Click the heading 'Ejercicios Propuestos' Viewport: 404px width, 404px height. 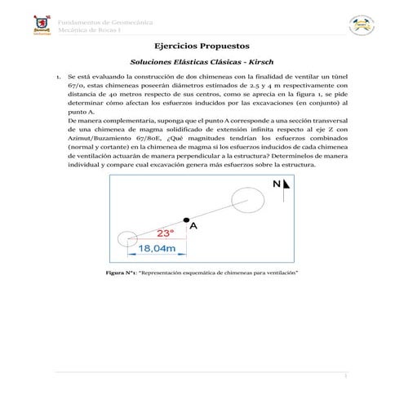pyautogui.click(x=202, y=48)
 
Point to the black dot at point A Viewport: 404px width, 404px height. pyautogui.click(x=187, y=220)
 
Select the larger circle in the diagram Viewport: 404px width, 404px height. pyautogui.click(x=247, y=197)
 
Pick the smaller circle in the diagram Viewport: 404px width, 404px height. pyautogui.click(x=127, y=239)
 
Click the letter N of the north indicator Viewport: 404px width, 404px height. pyautogui.click(x=278, y=186)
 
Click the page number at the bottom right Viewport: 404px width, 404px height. pyautogui.click(x=344, y=377)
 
